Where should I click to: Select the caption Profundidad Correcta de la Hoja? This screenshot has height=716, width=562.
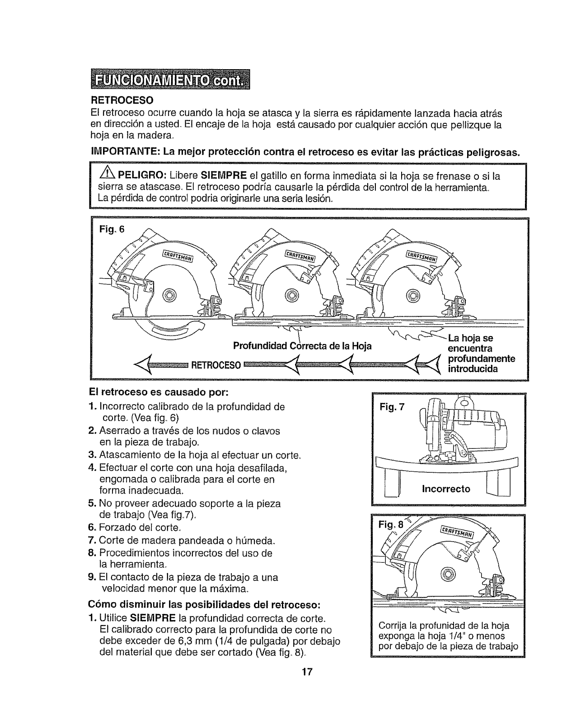(x=302, y=346)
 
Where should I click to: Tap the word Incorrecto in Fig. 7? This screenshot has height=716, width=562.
(x=445, y=489)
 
